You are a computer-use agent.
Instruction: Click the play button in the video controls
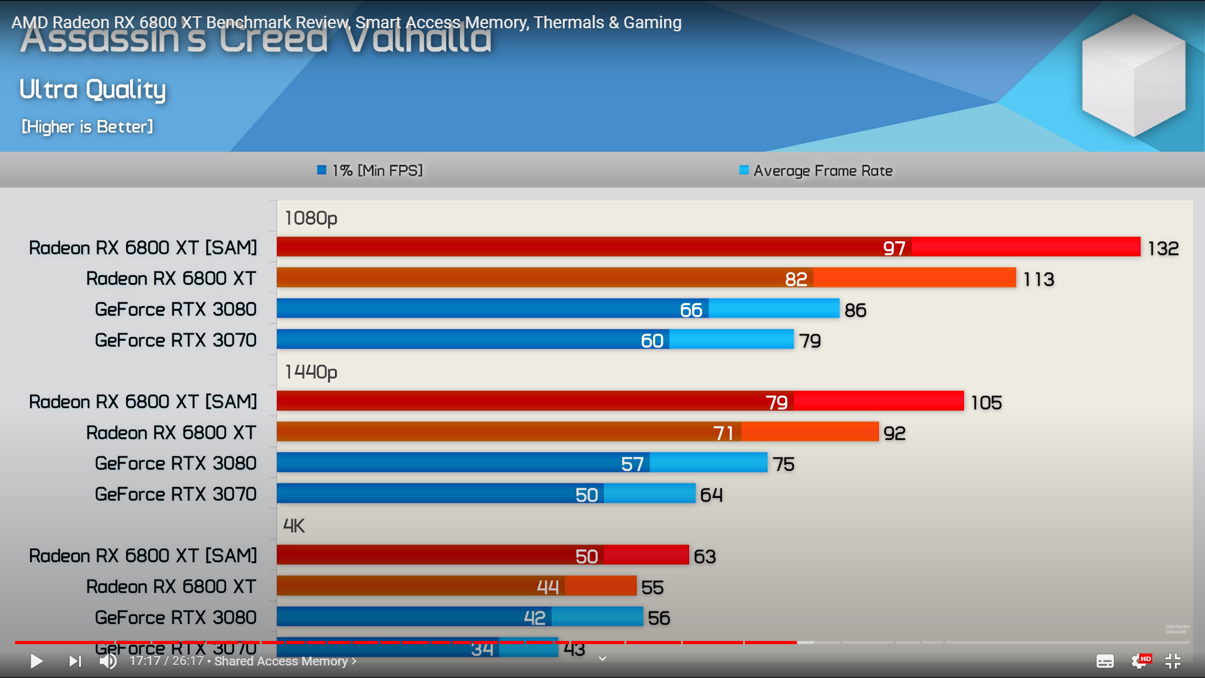(x=36, y=661)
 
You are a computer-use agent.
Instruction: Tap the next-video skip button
(x=75, y=661)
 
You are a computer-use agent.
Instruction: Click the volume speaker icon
(x=108, y=661)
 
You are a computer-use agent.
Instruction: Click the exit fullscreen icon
(x=1173, y=661)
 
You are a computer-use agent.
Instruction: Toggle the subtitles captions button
(x=1105, y=661)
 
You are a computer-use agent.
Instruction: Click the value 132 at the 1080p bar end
(x=1163, y=249)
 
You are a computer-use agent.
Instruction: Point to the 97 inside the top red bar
(x=894, y=249)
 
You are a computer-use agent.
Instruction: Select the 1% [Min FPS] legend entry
(x=370, y=171)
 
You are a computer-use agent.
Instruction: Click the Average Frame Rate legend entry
(x=816, y=171)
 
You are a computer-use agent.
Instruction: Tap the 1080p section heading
(x=311, y=218)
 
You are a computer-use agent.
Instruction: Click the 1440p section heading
(x=311, y=372)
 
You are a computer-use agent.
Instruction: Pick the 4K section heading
(x=294, y=526)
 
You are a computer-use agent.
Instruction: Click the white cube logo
(x=1133, y=75)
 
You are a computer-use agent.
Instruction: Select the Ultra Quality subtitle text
(x=93, y=90)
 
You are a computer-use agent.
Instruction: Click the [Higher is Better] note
(x=87, y=127)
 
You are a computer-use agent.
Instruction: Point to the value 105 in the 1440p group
(x=986, y=402)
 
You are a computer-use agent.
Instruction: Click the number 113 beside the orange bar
(x=1039, y=279)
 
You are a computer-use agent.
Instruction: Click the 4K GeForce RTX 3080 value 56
(x=659, y=618)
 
